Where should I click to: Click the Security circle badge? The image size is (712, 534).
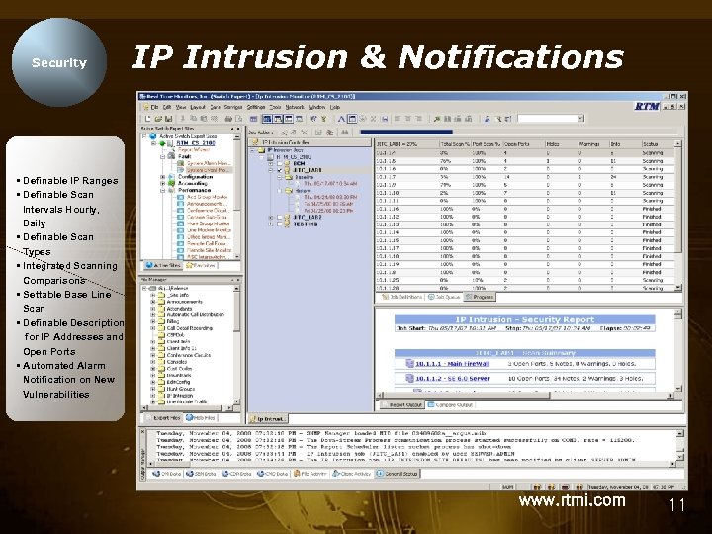coord(60,62)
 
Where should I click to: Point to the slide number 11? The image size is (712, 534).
coord(677,505)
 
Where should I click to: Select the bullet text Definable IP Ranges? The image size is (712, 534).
coord(69,181)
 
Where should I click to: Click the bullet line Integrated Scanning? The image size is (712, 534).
coord(69,266)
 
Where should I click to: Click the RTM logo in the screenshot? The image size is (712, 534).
coord(647,106)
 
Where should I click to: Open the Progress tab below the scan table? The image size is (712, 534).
coord(482,297)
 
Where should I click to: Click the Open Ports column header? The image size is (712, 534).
coord(516,143)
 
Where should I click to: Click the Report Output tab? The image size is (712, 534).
coord(405,404)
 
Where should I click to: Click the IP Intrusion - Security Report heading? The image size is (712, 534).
coord(525,320)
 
